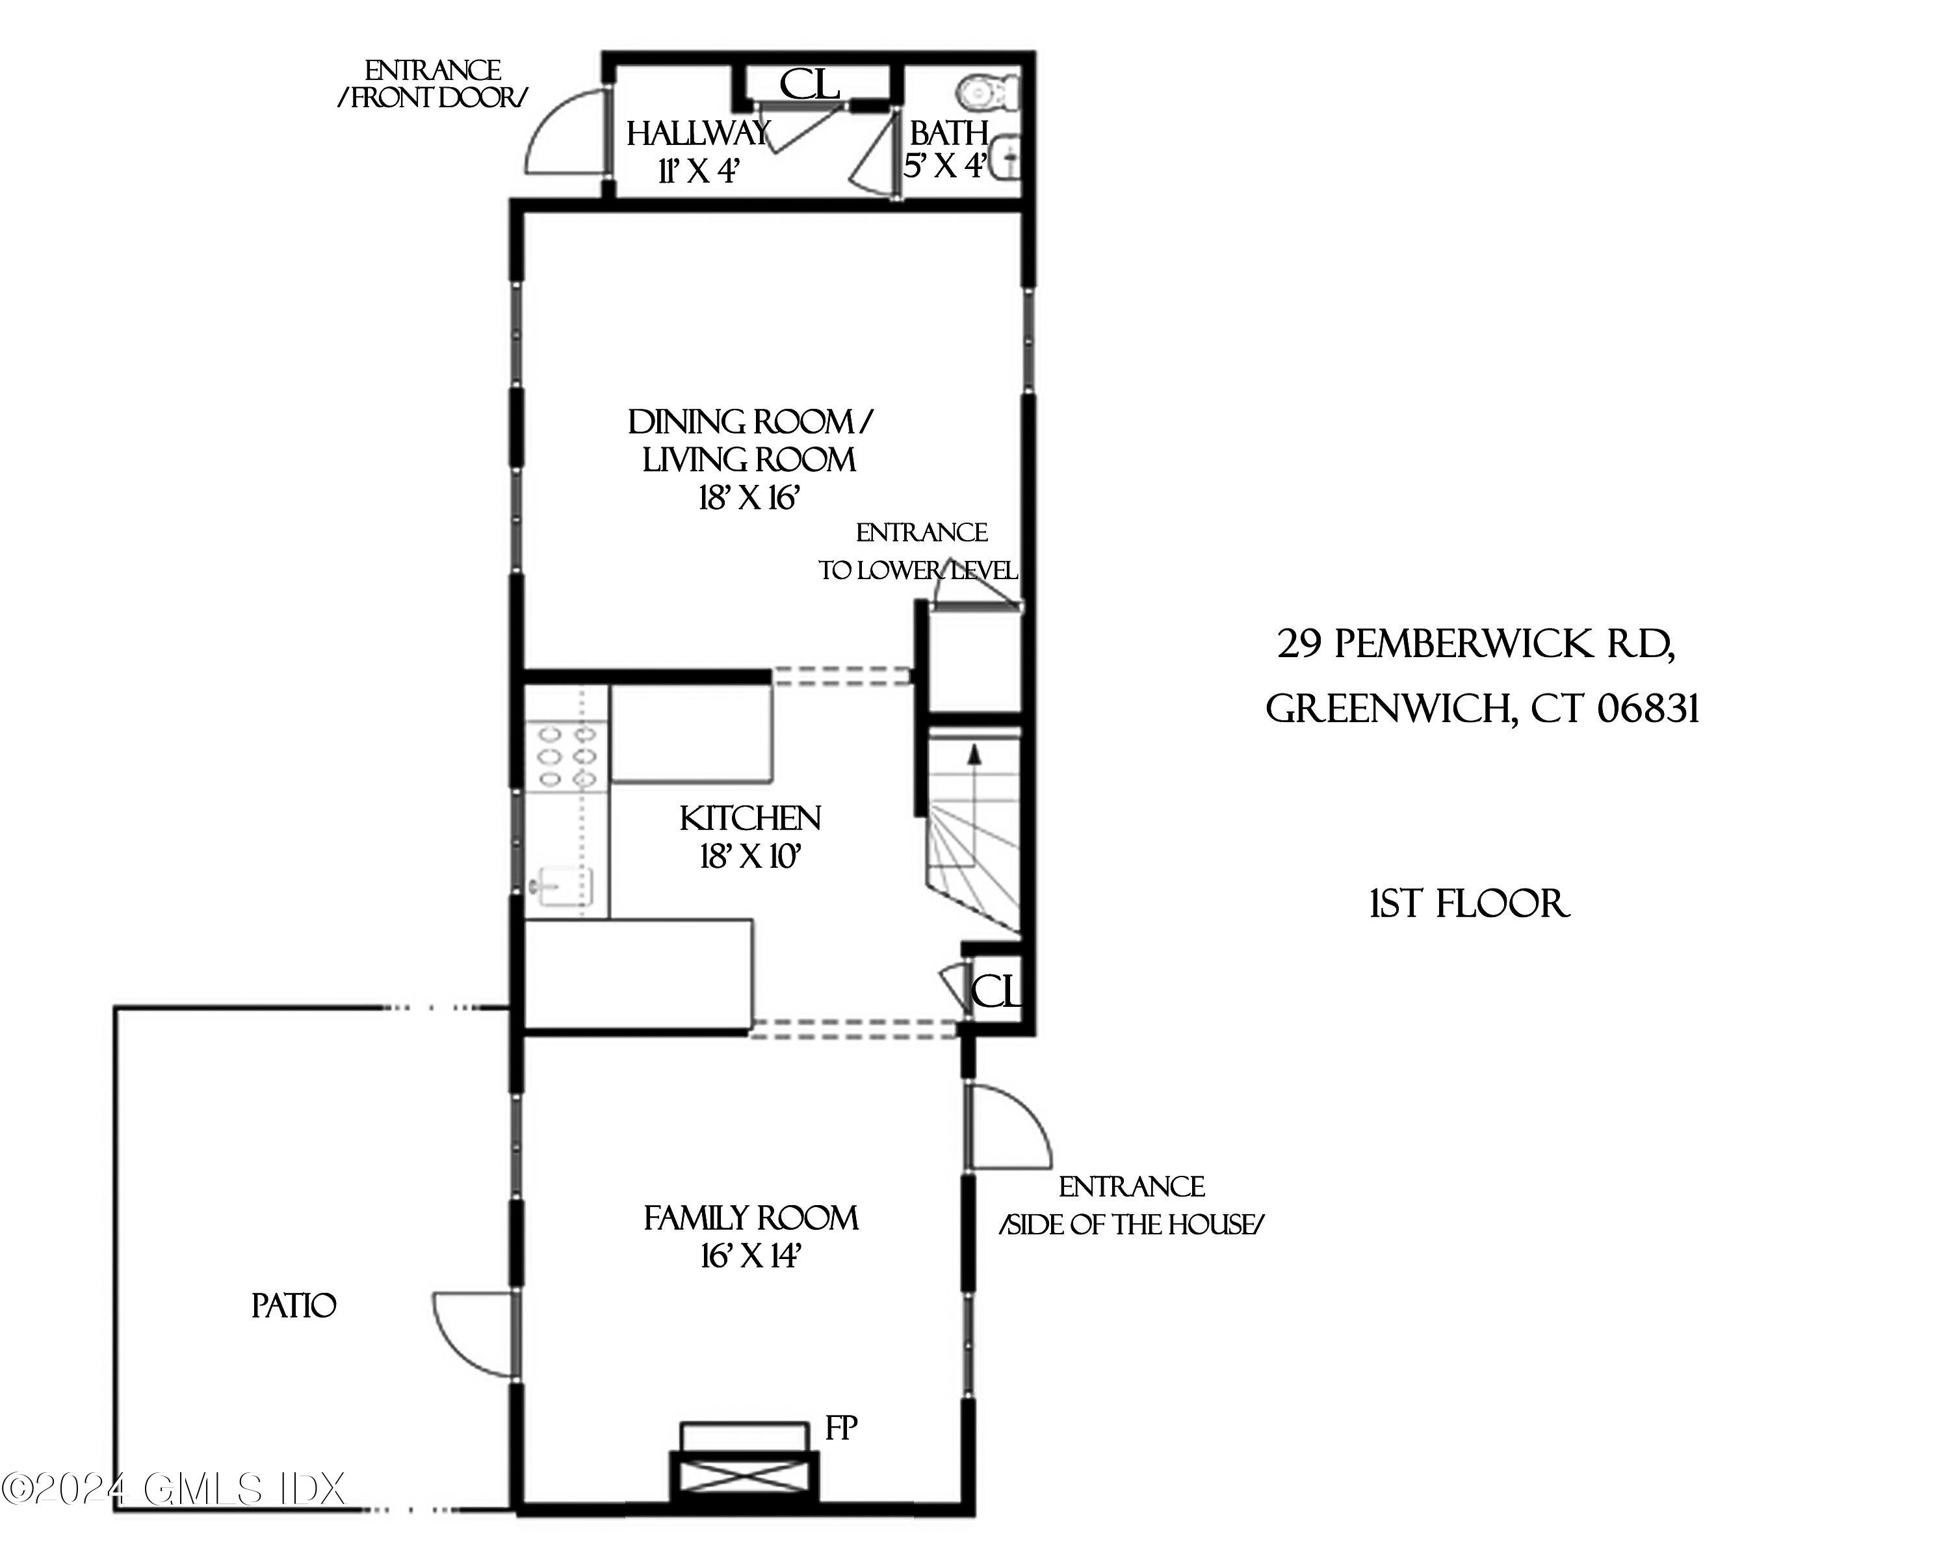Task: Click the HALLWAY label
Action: point(697,134)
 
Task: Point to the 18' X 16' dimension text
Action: point(749,499)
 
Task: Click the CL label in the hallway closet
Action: point(809,85)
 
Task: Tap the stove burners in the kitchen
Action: point(566,755)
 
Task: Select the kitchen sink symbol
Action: point(565,885)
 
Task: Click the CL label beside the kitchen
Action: point(996,993)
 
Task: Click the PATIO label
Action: point(294,1306)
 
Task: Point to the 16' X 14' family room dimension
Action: point(751,1256)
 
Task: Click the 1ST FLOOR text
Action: point(1470,904)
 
